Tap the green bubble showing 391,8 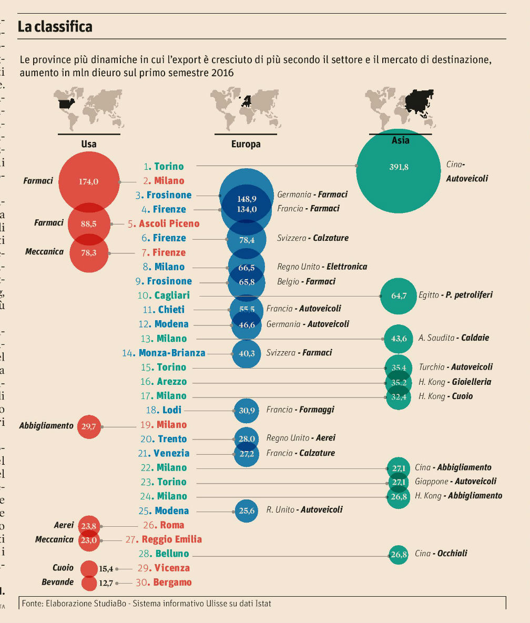[398, 168]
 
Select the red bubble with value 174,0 [89, 181]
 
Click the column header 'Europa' [246, 144]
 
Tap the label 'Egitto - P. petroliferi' [456, 295]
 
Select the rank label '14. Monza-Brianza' [164, 353]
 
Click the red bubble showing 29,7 [89, 426]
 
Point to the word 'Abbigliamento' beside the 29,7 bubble [46, 425]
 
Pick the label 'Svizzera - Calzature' [313, 238]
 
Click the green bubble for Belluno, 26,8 [399, 554]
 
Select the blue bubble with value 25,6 [246, 510]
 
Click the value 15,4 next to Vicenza [106, 568]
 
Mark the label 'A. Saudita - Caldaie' [454, 338]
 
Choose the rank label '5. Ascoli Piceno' [164, 223]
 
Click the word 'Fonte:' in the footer [33, 604]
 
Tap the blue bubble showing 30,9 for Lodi [247, 410]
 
